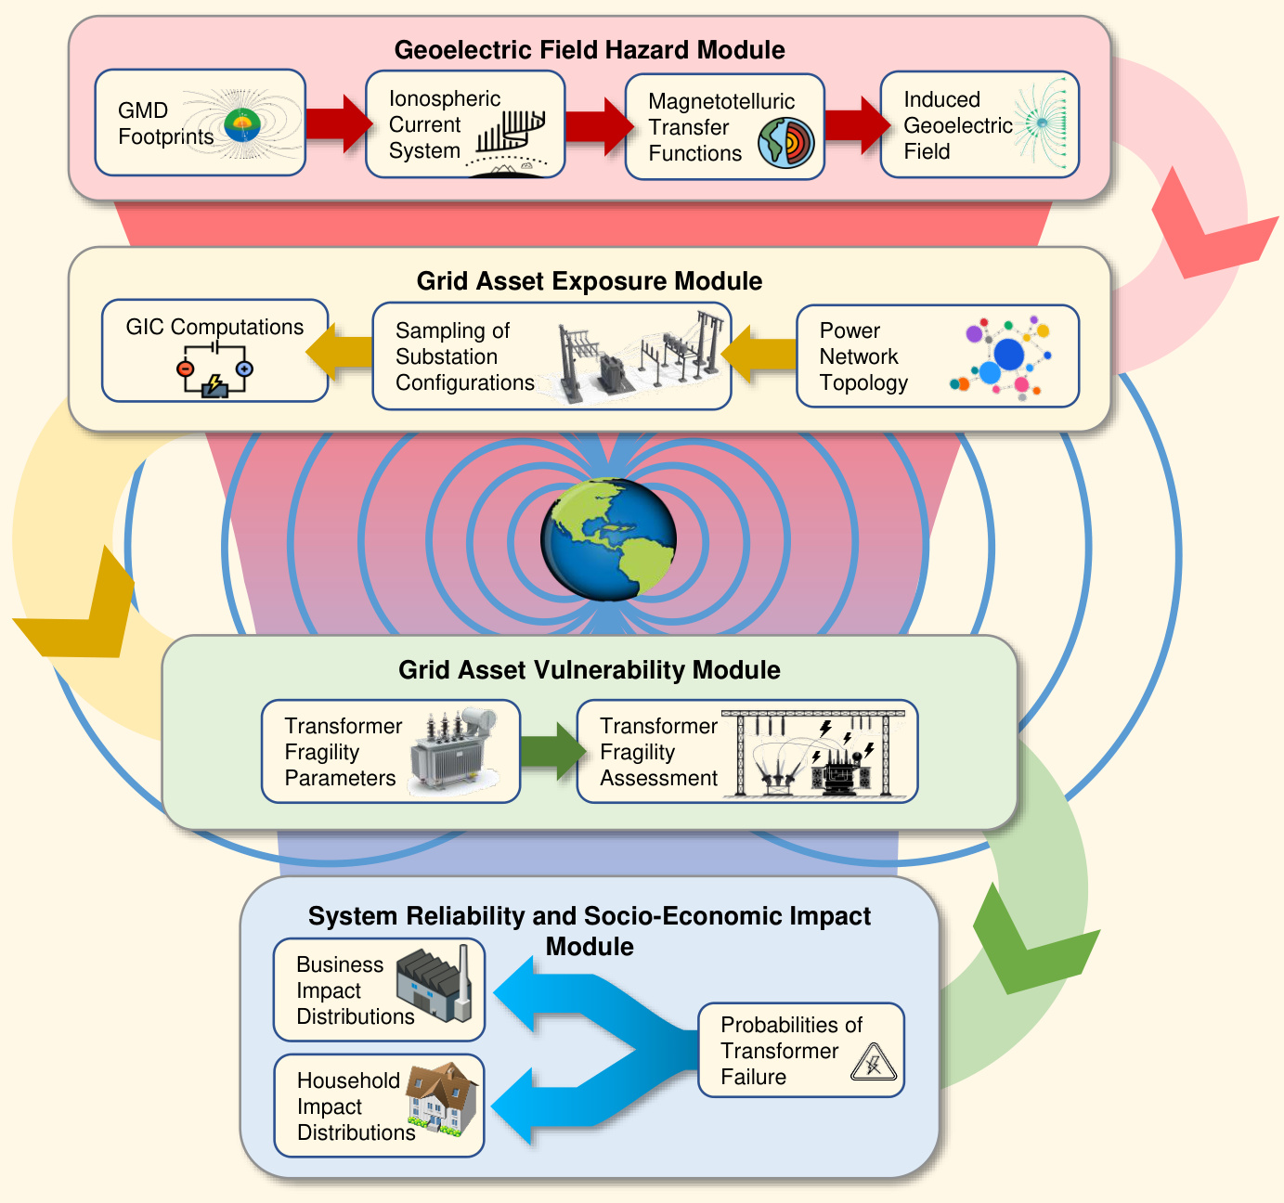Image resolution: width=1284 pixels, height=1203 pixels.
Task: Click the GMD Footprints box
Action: (200, 123)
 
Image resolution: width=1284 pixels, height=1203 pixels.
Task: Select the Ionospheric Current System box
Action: (464, 124)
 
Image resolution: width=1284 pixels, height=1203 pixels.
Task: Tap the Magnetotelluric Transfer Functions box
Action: (724, 127)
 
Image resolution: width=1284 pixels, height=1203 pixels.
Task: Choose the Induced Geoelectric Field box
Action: (979, 124)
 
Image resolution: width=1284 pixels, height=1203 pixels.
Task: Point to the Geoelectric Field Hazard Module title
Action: (589, 50)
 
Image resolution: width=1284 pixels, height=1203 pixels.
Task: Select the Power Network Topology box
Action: (937, 356)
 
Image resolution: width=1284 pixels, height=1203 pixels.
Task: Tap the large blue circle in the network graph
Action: (1008, 354)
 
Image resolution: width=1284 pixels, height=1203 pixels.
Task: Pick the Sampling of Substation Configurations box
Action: (551, 356)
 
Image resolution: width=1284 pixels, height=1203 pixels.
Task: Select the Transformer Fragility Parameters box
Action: (390, 751)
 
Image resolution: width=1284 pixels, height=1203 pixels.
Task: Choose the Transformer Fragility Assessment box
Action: (746, 751)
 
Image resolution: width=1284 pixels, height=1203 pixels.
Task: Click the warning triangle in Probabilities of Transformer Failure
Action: (873, 1063)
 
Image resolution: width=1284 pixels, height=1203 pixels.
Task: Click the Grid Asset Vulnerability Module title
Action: (589, 670)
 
